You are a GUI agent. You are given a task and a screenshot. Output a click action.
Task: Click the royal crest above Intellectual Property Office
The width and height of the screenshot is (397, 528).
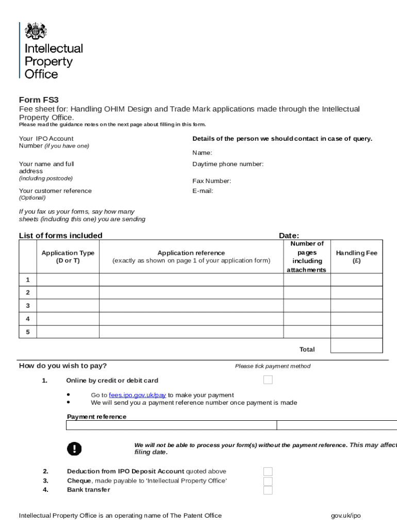click(36, 31)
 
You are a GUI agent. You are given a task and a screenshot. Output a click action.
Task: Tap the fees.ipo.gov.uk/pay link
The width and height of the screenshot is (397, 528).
click(137, 395)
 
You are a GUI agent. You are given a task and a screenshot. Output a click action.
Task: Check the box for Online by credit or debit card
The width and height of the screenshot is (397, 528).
click(268, 380)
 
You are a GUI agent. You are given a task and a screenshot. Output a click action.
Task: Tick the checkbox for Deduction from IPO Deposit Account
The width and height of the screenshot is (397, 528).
click(268, 471)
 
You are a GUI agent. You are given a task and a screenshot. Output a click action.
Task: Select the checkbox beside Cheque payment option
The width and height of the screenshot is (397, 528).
click(268, 481)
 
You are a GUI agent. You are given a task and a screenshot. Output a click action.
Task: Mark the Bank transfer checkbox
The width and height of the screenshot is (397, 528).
click(268, 490)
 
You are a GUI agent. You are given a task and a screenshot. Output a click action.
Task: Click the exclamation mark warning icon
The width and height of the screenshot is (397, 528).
click(74, 449)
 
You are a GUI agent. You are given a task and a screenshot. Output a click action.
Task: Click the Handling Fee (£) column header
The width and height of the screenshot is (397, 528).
click(356, 257)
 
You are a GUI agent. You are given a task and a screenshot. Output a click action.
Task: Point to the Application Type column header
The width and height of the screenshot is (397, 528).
click(68, 257)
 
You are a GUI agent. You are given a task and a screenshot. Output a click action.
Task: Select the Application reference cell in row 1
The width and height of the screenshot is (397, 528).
click(191, 279)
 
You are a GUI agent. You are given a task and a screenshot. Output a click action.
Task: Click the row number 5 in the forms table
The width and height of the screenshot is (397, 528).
click(28, 332)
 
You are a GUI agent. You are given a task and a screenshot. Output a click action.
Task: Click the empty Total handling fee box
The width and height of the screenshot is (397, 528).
click(356, 345)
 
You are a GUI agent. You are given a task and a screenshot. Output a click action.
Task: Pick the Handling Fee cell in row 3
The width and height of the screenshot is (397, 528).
click(356, 305)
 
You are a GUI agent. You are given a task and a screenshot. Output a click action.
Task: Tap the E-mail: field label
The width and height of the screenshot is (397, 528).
click(203, 191)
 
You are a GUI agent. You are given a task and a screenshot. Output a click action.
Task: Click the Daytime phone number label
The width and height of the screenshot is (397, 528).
click(228, 164)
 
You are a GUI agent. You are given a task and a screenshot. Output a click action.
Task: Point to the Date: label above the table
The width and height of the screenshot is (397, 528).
click(289, 236)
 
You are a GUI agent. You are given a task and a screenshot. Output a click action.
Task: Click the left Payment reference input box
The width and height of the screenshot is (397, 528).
click(171, 425)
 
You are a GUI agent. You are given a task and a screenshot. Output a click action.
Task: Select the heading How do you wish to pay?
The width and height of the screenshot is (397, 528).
click(63, 366)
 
